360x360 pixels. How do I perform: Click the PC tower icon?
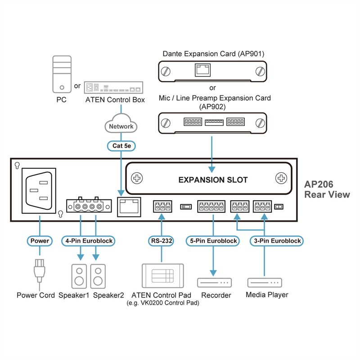[61, 74]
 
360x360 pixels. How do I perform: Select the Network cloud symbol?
[121, 126]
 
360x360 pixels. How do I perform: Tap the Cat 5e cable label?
[121, 146]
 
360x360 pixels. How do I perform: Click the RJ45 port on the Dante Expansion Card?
[201, 70]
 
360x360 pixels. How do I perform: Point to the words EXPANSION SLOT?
[213, 180]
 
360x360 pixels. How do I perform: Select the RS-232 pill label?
[161, 241]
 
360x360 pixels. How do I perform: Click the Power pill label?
[40, 241]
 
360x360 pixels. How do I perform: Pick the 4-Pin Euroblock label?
[88, 241]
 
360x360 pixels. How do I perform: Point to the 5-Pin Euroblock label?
[213, 241]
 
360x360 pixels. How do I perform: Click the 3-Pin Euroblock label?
[276, 241]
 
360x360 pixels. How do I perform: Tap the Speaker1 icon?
[80, 276]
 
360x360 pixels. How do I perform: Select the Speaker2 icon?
[98, 276]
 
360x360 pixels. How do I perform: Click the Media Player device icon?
[265, 283]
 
